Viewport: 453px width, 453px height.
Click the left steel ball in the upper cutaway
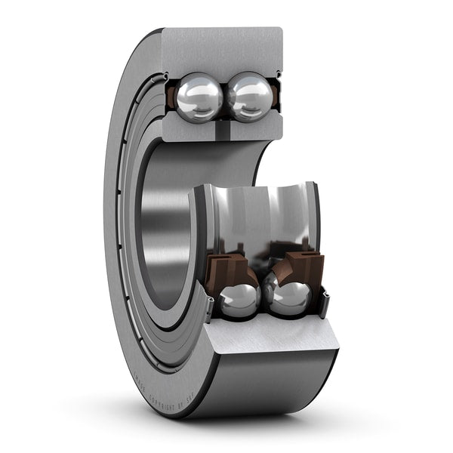pos(199,97)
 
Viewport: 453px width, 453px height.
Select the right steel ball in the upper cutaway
pos(250,97)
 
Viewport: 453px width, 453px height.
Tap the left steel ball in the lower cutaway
pos(239,300)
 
